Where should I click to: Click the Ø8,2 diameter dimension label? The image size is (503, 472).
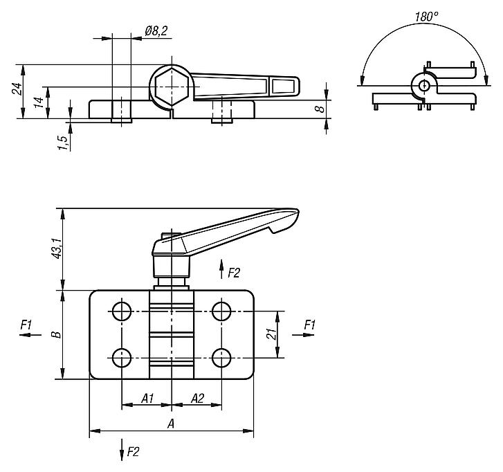coord(156,30)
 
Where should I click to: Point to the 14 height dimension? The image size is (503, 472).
coord(39,102)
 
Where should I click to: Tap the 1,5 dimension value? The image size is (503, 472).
coord(63,142)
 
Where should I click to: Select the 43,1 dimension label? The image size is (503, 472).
coord(57,247)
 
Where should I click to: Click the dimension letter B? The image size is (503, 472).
coord(57,334)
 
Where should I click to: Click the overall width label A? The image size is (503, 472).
coord(170,424)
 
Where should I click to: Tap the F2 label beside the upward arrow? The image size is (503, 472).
coord(233,273)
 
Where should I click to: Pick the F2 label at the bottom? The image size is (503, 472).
coord(134,452)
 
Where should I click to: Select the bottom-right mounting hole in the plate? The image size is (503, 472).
coord(221,358)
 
